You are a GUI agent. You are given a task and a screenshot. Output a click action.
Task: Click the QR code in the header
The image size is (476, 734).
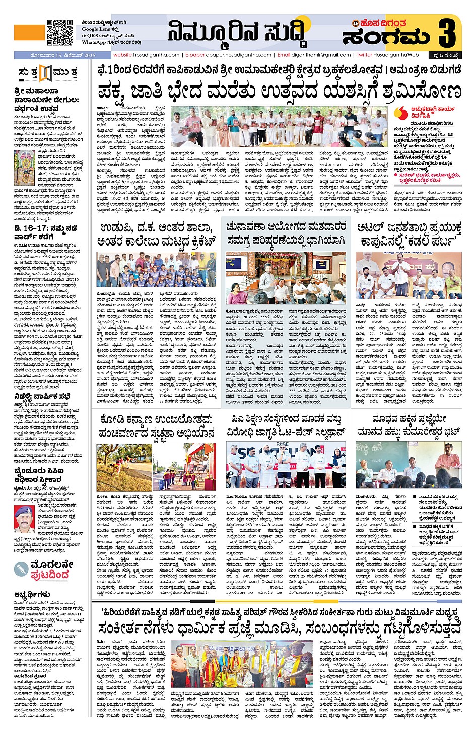coord(59,32)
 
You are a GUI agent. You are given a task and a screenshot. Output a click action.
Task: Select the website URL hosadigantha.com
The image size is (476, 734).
coord(146,55)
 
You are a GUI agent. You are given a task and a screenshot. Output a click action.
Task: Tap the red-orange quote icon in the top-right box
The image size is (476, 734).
coord(401,113)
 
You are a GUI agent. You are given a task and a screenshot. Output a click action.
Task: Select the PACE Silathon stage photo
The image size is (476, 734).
coord(286,465)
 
